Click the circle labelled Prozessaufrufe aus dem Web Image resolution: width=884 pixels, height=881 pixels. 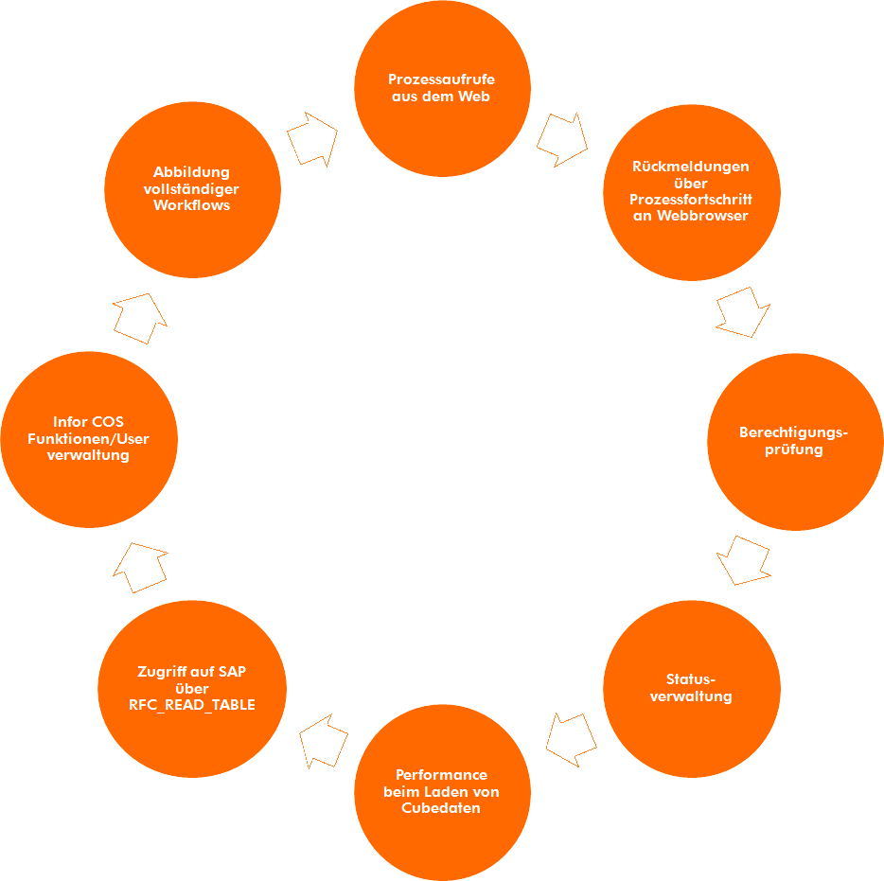coord(442,88)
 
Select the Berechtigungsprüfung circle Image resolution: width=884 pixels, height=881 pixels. coord(794,442)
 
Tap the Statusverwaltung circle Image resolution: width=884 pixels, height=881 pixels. coord(691,688)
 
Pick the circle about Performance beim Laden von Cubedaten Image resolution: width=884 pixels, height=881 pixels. coord(442,792)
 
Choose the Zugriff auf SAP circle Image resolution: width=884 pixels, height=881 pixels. coord(192,688)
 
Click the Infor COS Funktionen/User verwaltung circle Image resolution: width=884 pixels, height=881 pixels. coord(89,440)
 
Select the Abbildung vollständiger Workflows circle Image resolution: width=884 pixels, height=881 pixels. coord(192,189)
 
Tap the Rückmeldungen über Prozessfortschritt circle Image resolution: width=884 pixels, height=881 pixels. coord(691,192)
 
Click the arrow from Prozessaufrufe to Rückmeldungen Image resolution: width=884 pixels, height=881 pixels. coord(562,138)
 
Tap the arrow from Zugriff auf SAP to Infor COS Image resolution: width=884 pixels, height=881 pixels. coord(141,567)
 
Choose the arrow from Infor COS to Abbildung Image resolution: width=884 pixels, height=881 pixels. coord(141,317)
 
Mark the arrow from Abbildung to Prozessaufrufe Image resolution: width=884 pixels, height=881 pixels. coord(312,138)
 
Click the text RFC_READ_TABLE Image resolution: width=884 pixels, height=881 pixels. coord(192,705)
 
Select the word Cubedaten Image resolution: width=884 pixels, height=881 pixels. coord(441,808)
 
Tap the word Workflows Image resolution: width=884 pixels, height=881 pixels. coord(192,205)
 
